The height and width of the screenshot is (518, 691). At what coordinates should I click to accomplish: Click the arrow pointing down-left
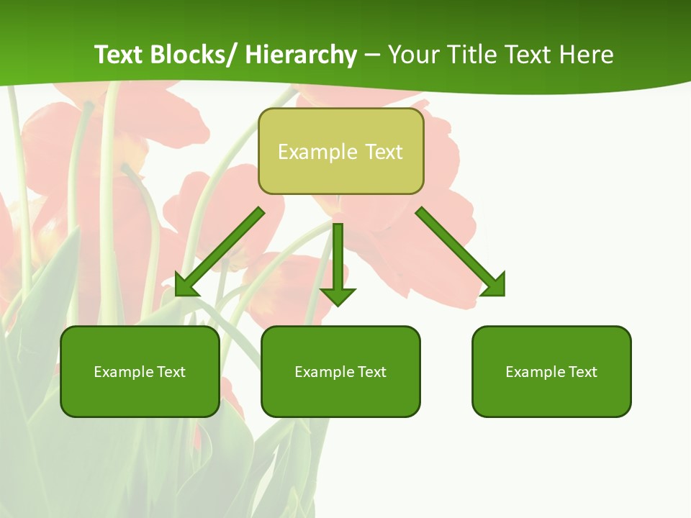(x=223, y=249)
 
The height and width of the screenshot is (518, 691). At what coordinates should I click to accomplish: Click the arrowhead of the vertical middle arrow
(x=338, y=296)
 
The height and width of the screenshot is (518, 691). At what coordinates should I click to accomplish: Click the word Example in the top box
(x=307, y=152)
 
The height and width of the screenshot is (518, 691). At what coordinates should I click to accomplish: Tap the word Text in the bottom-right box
(x=583, y=372)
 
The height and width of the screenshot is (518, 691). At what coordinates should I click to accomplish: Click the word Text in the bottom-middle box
(x=372, y=372)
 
